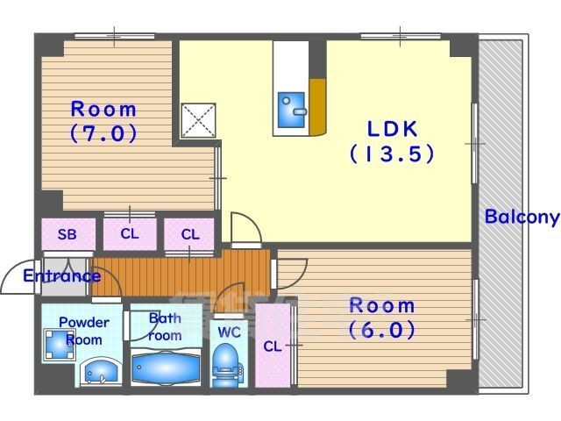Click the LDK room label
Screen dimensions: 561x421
click(x=392, y=129)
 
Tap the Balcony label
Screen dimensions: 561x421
click(x=522, y=217)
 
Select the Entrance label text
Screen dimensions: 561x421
click(x=62, y=276)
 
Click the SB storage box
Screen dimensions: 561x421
click(x=68, y=234)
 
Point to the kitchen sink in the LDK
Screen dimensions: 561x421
click(x=292, y=110)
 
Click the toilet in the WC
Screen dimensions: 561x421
click(x=227, y=365)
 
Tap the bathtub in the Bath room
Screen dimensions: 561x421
click(x=166, y=368)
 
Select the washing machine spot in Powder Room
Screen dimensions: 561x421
click(x=60, y=345)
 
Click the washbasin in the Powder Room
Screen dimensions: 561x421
click(x=99, y=372)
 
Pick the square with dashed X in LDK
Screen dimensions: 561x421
click(x=198, y=121)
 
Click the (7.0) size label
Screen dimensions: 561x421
click(x=103, y=133)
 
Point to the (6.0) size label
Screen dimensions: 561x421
click(x=382, y=330)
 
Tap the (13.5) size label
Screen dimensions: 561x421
click(x=392, y=154)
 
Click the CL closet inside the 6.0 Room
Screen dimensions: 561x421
click(x=273, y=346)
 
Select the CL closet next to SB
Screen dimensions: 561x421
click(x=130, y=234)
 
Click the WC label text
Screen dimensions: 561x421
click(x=229, y=332)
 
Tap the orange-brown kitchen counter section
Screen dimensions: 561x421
click(x=317, y=106)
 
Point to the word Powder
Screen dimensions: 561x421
click(x=84, y=322)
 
